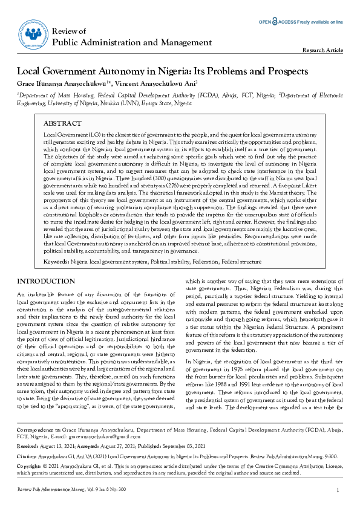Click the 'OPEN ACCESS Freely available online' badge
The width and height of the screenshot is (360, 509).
[x=301, y=21]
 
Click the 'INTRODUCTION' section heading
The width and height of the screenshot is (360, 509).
[x=45, y=282]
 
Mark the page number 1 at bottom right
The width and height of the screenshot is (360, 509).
[x=338, y=490]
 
